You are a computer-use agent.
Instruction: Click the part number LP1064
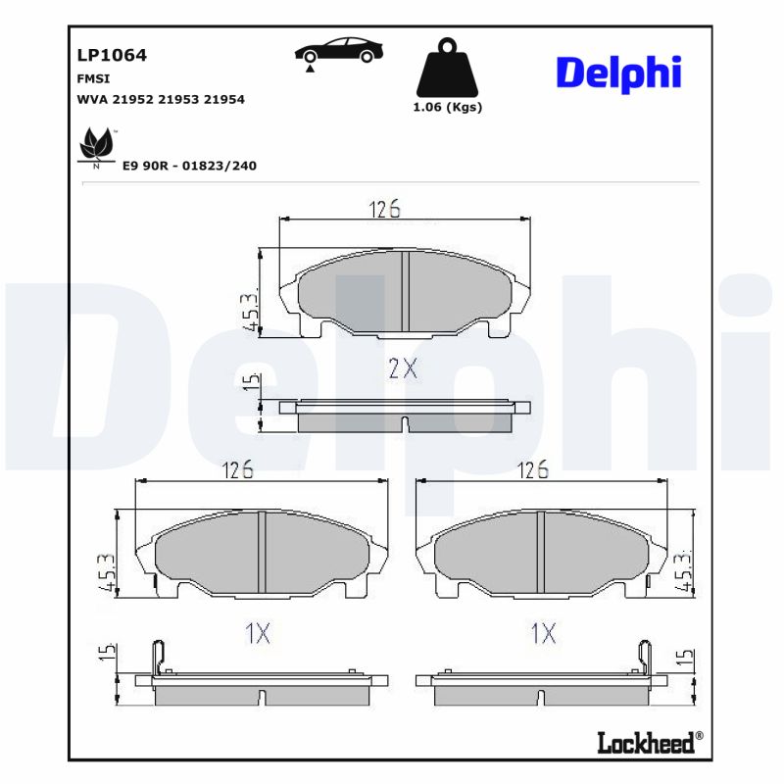pyautogui.click(x=112, y=56)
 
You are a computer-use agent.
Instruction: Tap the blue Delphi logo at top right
pyautogui.click(x=618, y=73)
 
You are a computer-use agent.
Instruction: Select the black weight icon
pyautogui.click(x=447, y=68)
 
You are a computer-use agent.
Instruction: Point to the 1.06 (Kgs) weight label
pyautogui.click(x=448, y=108)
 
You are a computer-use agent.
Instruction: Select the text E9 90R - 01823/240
pyautogui.click(x=189, y=166)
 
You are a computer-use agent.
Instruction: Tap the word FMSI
pyautogui.click(x=93, y=78)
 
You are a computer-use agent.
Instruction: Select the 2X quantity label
pyautogui.click(x=403, y=368)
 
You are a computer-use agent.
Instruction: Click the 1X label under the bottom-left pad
pyautogui.click(x=258, y=633)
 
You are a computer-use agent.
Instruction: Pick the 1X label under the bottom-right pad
pyautogui.click(x=543, y=633)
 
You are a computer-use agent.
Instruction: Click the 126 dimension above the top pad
pyautogui.click(x=385, y=209)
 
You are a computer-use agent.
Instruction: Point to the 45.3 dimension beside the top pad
pyautogui.click(x=250, y=311)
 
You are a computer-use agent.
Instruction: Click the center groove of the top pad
pyautogui.click(x=405, y=293)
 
